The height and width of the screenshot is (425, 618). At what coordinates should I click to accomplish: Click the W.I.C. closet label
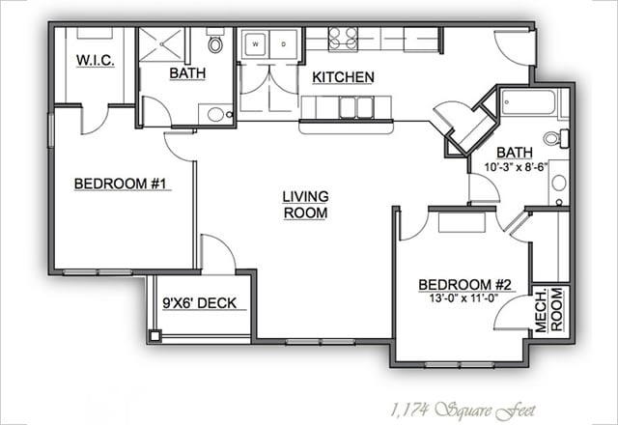pyautogui.click(x=96, y=60)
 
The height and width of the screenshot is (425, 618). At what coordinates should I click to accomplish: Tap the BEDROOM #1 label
pyautogui.click(x=121, y=184)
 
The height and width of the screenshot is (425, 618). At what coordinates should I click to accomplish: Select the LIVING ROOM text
pyautogui.click(x=305, y=205)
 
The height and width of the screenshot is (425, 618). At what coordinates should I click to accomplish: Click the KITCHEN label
pyautogui.click(x=344, y=77)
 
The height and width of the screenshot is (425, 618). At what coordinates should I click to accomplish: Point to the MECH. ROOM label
pyautogui.click(x=548, y=310)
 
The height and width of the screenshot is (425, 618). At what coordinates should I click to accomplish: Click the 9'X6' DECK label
pyautogui.click(x=200, y=303)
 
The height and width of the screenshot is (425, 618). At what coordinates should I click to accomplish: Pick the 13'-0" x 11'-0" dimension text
pyautogui.click(x=463, y=298)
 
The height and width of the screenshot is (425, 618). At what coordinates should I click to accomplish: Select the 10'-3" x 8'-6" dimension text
pyautogui.click(x=517, y=167)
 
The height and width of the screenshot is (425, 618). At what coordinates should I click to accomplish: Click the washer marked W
pyautogui.click(x=256, y=44)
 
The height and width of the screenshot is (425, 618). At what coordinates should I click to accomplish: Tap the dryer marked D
pyautogui.click(x=283, y=44)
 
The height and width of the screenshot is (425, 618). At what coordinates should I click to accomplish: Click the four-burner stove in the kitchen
pyautogui.click(x=344, y=39)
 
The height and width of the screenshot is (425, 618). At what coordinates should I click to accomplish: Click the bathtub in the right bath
pyautogui.click(x=528, y=102)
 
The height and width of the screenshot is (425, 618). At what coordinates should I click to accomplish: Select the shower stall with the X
pyautogui.click(x=162, y=44)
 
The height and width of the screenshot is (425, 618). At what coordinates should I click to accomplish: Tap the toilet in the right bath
pyautogui.click(x=556, y=137)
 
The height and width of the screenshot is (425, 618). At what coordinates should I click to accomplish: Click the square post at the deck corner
pyautogui.click(x=154, y=335)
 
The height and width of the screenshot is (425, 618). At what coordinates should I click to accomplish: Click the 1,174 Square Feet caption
pyautogui.click(x=463, y=411)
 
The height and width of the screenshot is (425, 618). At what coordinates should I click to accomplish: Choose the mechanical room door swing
pyautogui.click(x=512, y=312)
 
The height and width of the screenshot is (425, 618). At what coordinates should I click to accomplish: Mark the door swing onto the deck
pyautogui.click(x=218, y=252)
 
